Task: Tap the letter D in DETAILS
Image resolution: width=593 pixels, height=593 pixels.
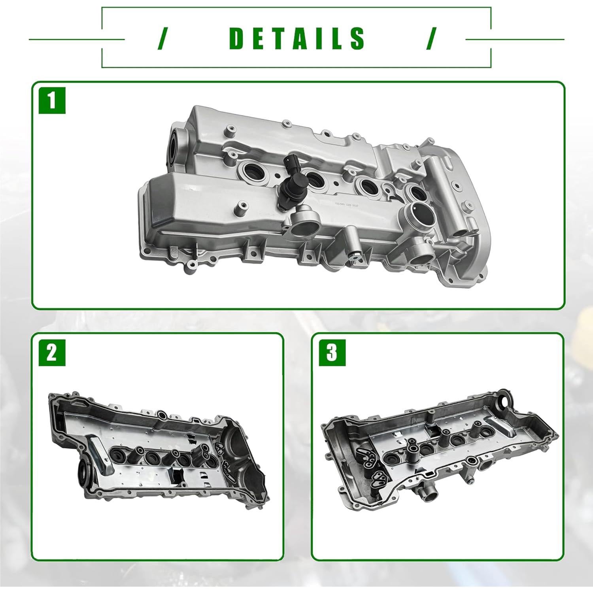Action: tap(238, 38)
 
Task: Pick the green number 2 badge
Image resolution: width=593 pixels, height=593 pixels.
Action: tap(52, 352)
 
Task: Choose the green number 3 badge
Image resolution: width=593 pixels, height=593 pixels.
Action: tap(332, 352)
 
